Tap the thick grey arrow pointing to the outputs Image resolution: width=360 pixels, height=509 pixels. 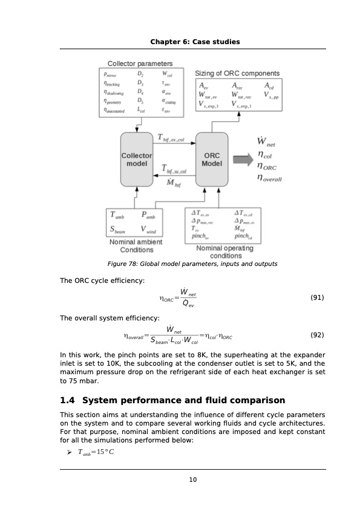coord(242,160)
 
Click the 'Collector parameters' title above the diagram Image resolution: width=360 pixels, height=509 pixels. coord(140,63)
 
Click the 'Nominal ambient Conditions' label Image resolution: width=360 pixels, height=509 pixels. coord(137,245)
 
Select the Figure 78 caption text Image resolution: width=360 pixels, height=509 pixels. coord(192,264)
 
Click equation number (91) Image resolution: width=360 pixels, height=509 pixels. coord(317,297)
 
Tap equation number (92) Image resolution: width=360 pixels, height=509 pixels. coord(317,334)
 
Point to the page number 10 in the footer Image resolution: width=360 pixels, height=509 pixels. coord(192,480)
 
